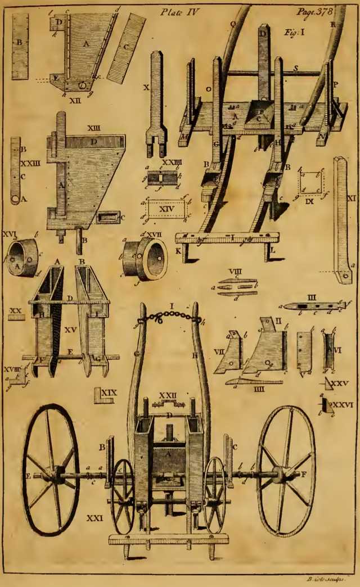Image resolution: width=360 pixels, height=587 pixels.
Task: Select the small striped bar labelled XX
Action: point(16,317)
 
